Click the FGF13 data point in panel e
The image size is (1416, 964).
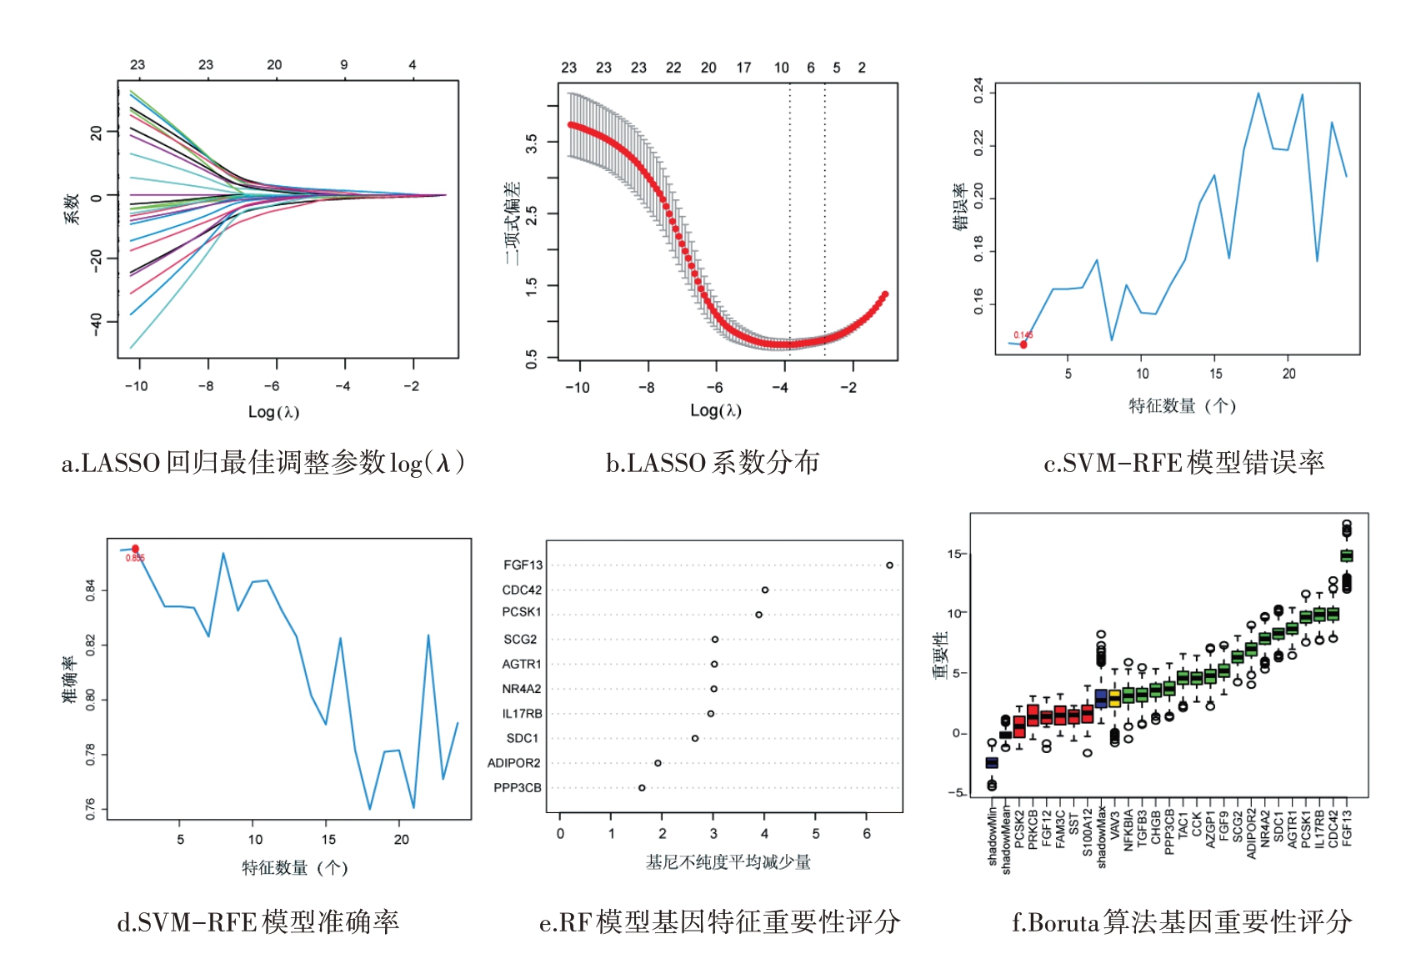[x=889, y=565]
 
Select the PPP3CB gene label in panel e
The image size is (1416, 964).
[x=517, y=788]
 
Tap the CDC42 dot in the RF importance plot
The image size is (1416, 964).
[x=765, y=590]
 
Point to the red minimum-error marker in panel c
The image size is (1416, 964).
[x=1023, y=344]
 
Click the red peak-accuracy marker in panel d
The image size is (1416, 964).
[x=135, y=549]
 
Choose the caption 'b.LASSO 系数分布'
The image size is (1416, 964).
[x=712, y=463]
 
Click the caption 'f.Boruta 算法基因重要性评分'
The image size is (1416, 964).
[x=1181, y=922]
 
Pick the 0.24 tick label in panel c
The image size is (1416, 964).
[x=979, y=90]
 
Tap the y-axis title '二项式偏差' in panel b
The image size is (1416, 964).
[x=512, y=223]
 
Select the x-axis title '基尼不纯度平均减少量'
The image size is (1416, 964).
[x=728, y=862]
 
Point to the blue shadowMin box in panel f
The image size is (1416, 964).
[x=992, y=763]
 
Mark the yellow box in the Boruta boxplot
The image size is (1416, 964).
[x=1114, y=699]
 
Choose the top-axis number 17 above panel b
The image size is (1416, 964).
[x=743, y=68]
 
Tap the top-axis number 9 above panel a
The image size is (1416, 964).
[x=343, y=65]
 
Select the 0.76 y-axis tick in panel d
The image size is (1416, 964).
[x=90, y=810]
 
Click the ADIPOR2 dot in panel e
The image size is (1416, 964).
[x=658, y=763]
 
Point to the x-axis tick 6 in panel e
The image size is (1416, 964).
[x=867, y=834]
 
